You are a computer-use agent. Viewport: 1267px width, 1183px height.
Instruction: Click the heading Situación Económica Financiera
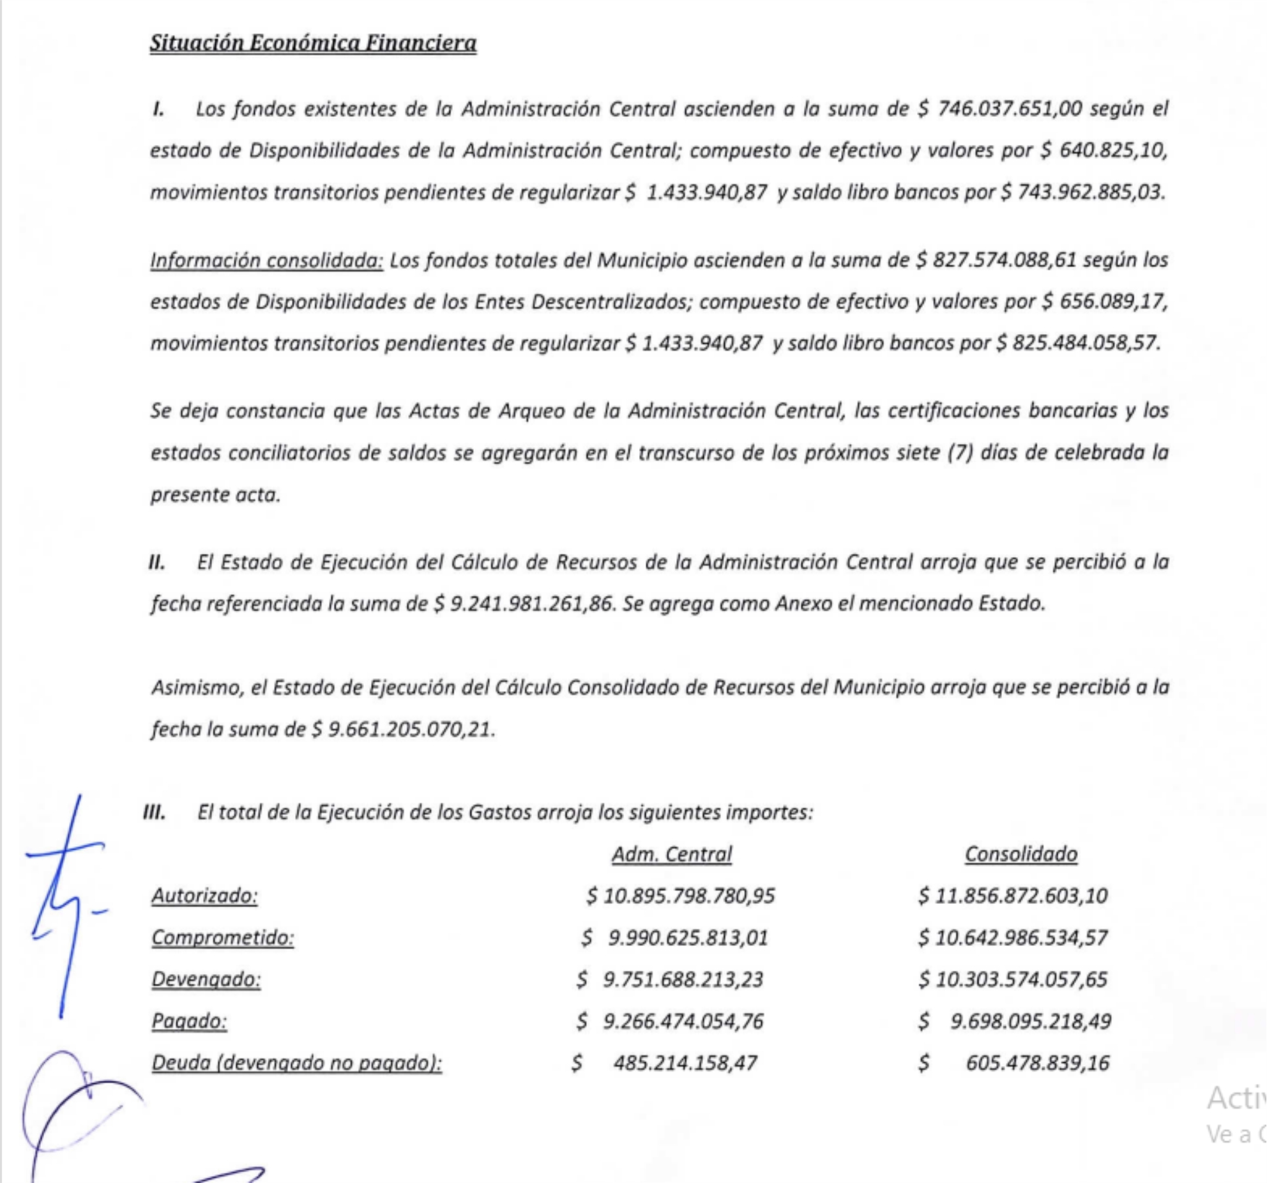tap(313, 43)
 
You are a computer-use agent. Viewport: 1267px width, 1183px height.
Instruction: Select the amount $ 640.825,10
tap(1104, 151)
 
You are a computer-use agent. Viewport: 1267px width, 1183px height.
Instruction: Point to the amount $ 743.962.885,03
tap(1082, 192)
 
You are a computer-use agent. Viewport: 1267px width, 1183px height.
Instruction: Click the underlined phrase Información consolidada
tap(266, 261)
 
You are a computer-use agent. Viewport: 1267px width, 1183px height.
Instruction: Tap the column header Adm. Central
tap(672, 854)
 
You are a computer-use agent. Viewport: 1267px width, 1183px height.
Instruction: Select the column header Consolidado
tap(1020, 854)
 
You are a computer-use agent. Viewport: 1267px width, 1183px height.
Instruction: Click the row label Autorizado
tap(204, 896)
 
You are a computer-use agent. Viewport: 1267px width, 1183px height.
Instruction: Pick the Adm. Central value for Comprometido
tap(674, 938)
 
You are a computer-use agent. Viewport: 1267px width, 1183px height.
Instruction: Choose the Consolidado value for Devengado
tap(1013, 979)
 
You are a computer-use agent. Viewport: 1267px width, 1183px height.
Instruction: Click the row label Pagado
tap(189, 1021)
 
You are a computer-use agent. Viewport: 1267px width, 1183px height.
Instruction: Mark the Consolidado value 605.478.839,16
tap(1037, 1063)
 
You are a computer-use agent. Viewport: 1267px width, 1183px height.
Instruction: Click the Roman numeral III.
tap(155, 813)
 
